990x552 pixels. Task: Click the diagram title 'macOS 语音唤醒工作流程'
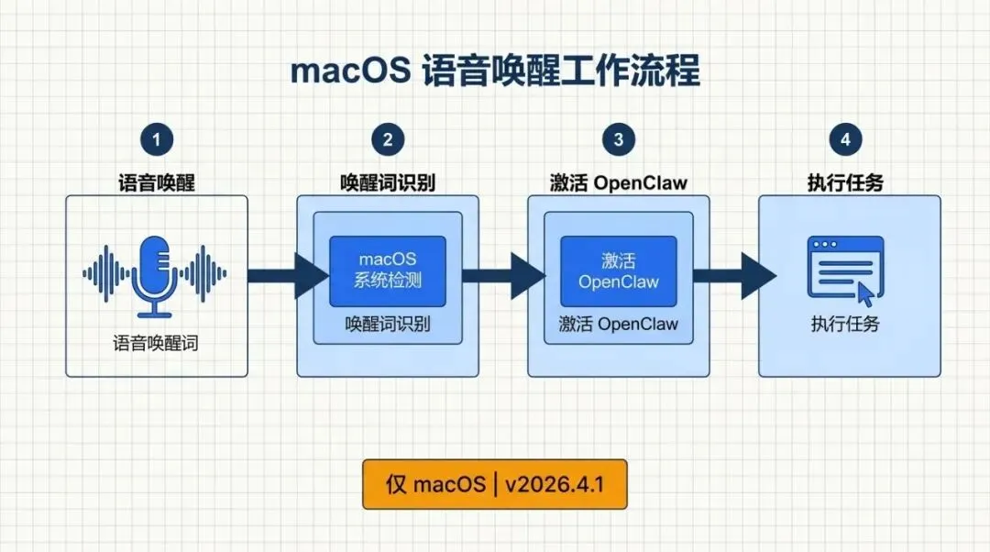tap(495, 70)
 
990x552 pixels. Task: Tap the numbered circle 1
tap(157, 139)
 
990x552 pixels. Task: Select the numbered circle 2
tap(388, 139)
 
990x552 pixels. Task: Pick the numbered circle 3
tap(619, 139)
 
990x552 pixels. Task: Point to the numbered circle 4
tap(845, 139)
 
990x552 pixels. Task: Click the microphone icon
tap(155, 272)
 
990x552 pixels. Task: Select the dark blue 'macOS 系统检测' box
tap(388, 270)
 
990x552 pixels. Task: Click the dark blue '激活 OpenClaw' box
tap(619, 270)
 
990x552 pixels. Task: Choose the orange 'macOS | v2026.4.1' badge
tap(495, 484)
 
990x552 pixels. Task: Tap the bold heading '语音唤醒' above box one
tap(157, 182)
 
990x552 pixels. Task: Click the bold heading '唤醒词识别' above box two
tap(388, 182)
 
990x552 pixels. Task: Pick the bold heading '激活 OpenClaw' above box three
tap(619, 182)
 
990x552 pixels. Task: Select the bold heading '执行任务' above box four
tap(845, 182)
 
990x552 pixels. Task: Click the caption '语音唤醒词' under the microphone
tap(156, 344)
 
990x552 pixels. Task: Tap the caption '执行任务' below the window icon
tap(845, 324)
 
